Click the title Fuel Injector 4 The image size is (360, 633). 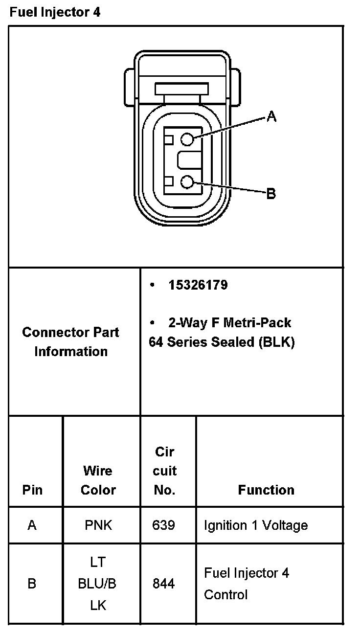[x=55, y=12]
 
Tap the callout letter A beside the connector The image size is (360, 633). [x=272, y=116]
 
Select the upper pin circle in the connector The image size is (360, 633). [x=187, y=139]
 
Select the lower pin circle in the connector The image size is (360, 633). [x=187, y=182]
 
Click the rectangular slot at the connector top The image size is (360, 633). [x=181, y=89]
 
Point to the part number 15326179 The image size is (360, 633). [x=198, y=285]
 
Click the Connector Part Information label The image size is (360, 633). [x=71, y=341]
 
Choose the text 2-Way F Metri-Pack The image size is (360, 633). [x=229, y=323]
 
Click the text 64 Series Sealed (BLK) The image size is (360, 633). [x=222, y=342]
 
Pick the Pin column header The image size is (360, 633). [x=32, y=490]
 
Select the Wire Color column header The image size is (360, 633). [x=98, y=480]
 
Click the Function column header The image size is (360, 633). [x=266, y=490]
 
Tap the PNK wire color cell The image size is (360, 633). [x=98, y=525]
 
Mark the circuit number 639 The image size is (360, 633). [x=164, y=525]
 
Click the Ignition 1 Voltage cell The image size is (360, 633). [x=256, y=525]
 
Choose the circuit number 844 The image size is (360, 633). [x=164, y=584]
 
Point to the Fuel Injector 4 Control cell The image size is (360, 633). [x=247, y=584]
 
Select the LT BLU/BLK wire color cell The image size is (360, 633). [x=98, y=584]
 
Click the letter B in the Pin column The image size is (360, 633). [x=32, y=584]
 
